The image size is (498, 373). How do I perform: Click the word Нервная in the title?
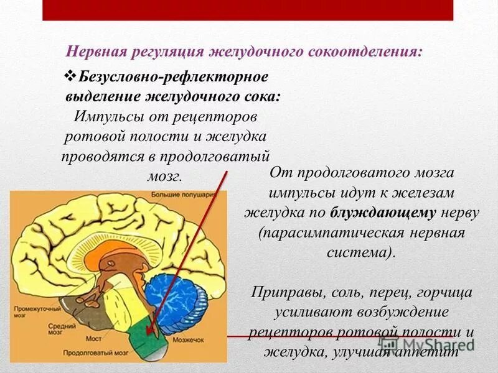tap(98, 51)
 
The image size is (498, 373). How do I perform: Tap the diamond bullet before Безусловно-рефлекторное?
tap(70, 76)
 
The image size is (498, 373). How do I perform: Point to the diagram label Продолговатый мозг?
tap(90, 352)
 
